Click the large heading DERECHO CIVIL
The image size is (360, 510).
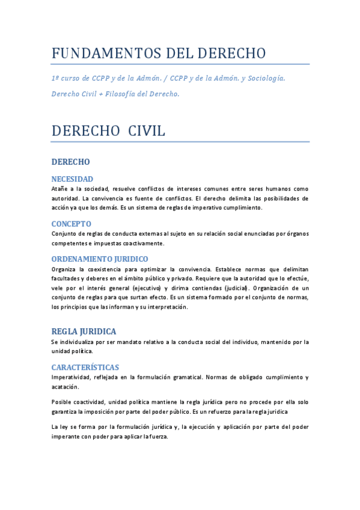(108, 131)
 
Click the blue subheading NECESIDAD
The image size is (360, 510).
(72, 179)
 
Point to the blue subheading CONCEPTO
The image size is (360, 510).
(72, 224)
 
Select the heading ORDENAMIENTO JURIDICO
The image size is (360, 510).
(100, 259)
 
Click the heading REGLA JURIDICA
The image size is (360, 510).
(84, 331)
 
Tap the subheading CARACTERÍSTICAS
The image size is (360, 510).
(85, 367)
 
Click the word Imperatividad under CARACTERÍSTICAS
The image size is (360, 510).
(70, 377)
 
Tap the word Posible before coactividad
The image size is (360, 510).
(62, 401)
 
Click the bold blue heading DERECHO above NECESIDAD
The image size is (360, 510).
(71, 162)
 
